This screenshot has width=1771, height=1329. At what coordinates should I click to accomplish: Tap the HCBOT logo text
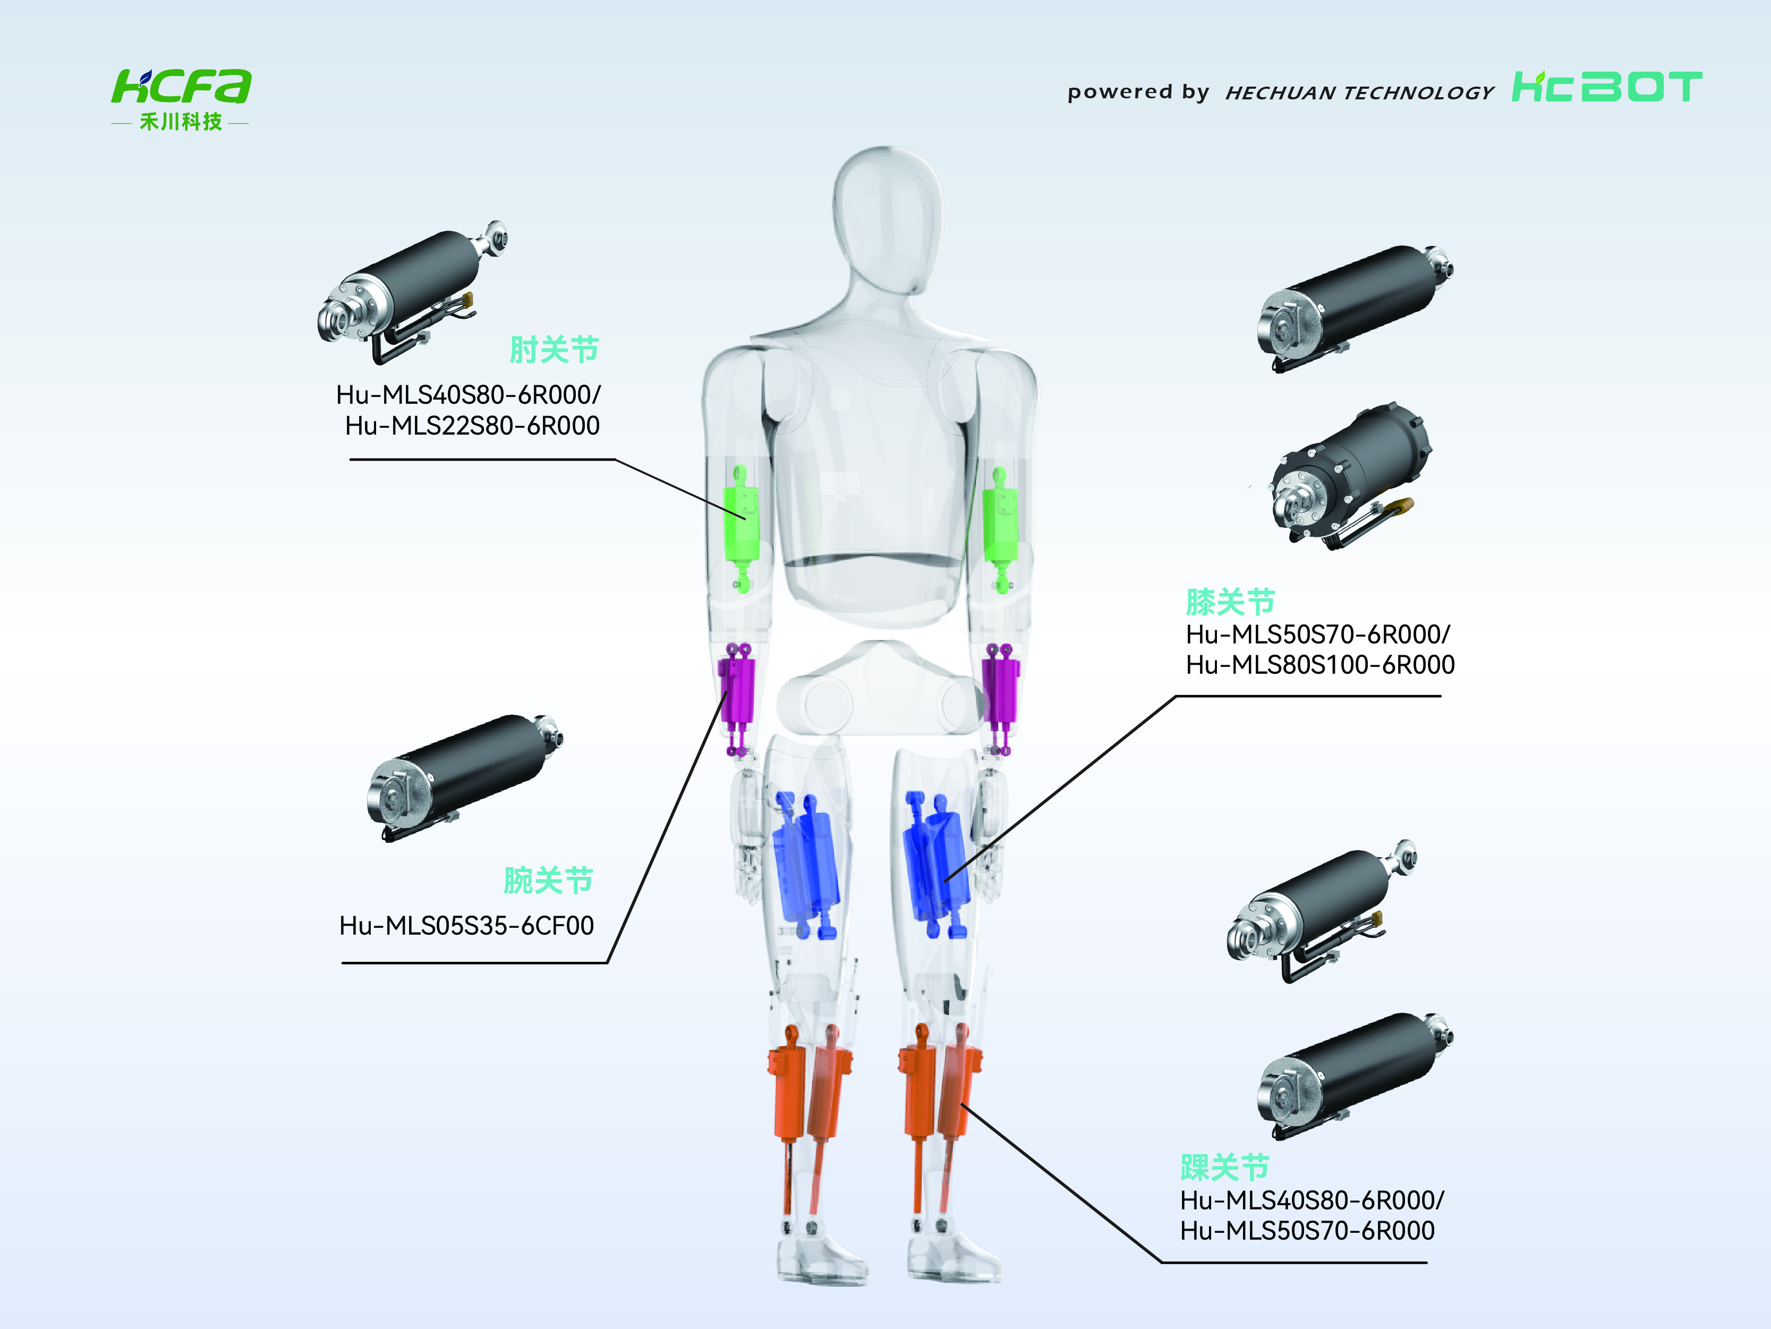(x=1606, y=87)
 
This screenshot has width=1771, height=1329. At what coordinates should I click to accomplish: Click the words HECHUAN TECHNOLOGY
(x=1359, y=93)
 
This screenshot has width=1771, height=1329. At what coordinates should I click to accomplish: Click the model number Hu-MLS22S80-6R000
(x=472, y=426)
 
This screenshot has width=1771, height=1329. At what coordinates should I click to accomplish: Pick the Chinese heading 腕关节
(x=548, y=881)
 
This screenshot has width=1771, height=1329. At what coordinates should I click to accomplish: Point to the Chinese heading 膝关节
(x=1230, y=602)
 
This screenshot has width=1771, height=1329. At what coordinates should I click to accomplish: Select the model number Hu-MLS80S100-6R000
(x=1320, y=664)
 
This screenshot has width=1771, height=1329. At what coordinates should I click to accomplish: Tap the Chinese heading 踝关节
(x=1225, y=1167)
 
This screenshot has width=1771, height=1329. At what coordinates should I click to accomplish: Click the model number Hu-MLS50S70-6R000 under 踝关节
(x=1307, y=1231)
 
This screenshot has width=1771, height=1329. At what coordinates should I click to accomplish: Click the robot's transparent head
(x=887, y=221)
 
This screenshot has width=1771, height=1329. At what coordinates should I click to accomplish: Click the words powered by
(x=1138, y=92)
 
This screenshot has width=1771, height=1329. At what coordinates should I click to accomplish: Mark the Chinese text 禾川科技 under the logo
(x=181, y=122)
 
